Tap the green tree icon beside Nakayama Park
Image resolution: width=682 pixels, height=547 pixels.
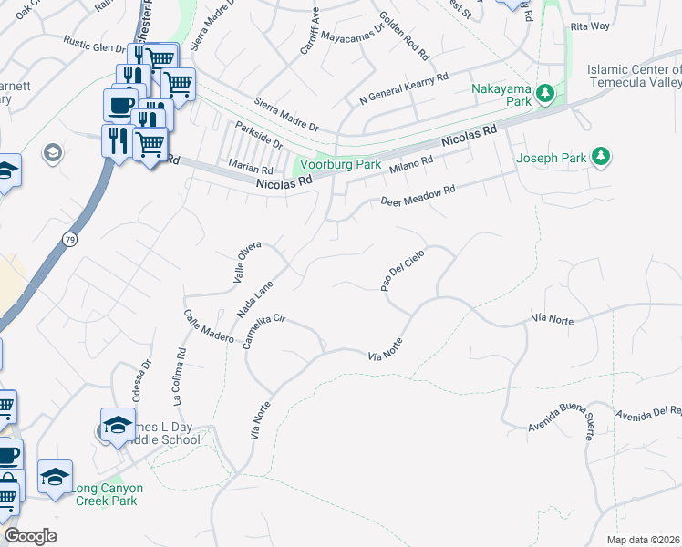545,93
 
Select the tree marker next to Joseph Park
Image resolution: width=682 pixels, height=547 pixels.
601,158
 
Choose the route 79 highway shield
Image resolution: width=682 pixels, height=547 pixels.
69,239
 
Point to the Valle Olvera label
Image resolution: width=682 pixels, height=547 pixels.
247,263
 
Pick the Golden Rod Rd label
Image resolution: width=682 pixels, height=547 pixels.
403,37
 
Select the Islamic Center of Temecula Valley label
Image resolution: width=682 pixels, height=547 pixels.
634,76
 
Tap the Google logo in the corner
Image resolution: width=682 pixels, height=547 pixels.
30,536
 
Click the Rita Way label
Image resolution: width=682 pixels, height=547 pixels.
589,26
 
